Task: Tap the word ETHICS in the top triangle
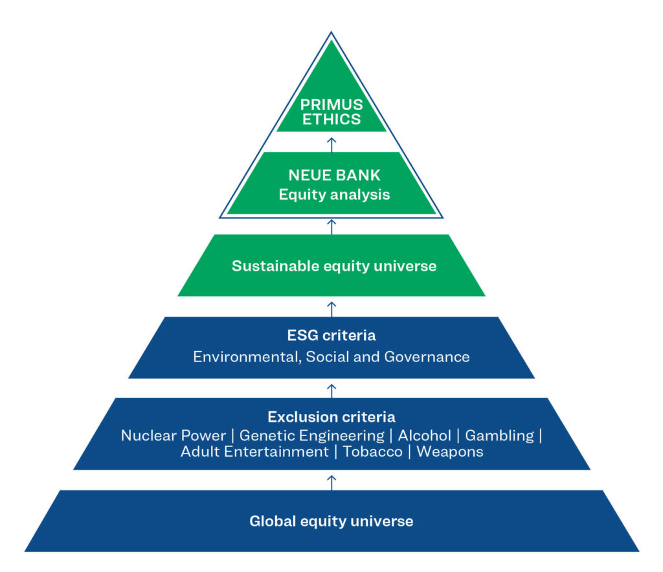pos(331,119)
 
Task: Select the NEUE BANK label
pos(331,175)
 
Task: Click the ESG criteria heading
pos(331,336)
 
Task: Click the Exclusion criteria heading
pos(331,417)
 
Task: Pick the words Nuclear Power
pos(174,435)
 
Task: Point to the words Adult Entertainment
pos(254,452)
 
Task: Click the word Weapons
pos(450,452)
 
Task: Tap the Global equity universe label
pos(331,521)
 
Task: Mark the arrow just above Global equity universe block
pos(331,481)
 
